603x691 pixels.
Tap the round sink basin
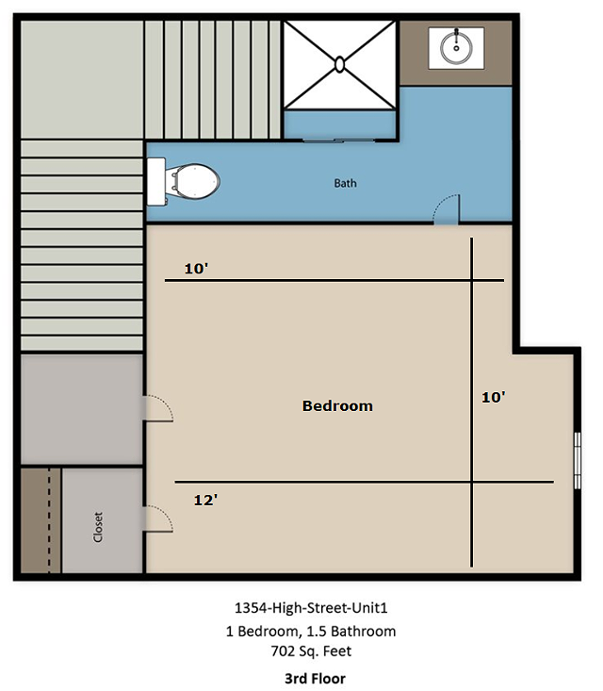(456, 47)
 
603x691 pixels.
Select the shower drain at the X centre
(339, 64)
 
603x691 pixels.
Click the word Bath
(346, 183)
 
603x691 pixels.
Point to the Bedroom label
(337, 405)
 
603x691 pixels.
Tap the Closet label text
(98, 527)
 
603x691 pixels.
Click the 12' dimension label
(205, 500)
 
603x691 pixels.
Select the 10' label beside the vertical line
(494, 397)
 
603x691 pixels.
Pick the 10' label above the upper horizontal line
(196, 269)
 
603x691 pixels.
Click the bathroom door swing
(447, 210)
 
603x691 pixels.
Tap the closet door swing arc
(159, 518)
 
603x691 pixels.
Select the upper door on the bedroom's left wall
(159, 408)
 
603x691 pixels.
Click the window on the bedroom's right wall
(578, 461)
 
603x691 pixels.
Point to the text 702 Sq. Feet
(312, 650)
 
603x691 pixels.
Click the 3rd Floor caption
(315, 678)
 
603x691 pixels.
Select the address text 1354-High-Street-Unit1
(311, 608)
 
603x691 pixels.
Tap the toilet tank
(156, 182)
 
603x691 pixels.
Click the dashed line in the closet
(49, 520)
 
